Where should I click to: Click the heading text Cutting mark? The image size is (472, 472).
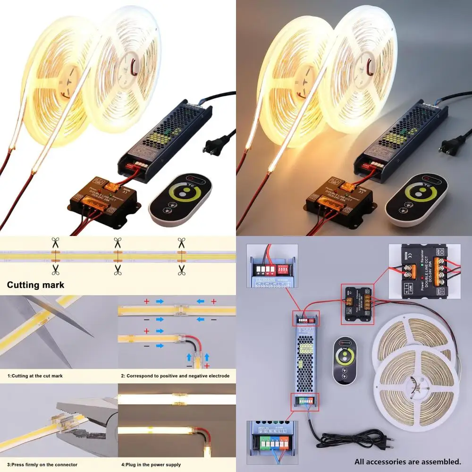point(35,285)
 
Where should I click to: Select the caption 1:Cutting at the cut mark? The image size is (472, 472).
point(35,376)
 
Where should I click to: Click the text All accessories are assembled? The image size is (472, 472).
point(408,461)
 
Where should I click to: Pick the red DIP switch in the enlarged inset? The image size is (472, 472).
point(284,270)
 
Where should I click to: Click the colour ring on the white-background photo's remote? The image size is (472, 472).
point(179,194)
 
